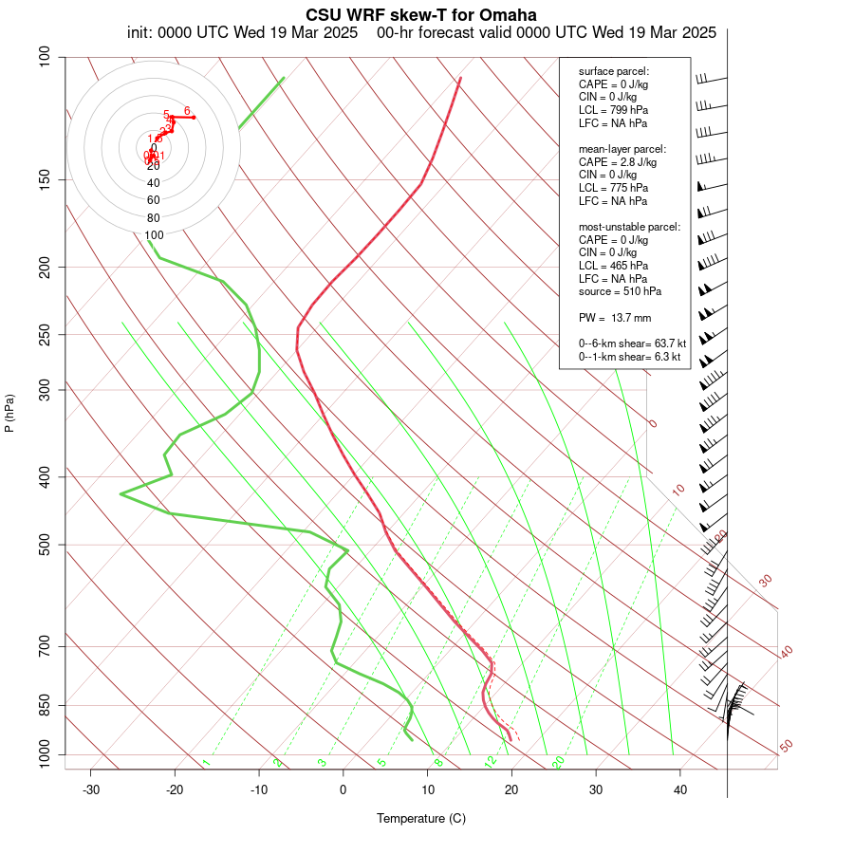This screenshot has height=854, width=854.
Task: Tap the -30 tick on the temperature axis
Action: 91,789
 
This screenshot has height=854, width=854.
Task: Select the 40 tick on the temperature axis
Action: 680,789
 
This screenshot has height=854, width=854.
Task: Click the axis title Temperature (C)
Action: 420,818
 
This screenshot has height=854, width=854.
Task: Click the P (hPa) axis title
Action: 9,413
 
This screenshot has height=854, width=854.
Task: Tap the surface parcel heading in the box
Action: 614,71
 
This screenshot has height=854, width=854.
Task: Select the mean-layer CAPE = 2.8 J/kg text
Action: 618,162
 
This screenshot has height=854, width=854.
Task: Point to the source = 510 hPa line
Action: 621,291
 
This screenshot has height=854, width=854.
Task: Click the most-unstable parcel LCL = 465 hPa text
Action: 613,266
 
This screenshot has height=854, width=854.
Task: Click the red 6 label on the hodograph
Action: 187,110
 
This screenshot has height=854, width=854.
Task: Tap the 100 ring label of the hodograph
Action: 154,234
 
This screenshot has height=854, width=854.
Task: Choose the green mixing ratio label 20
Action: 559,762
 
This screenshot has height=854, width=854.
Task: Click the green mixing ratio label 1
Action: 206,762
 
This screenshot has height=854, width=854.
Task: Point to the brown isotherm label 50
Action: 786,747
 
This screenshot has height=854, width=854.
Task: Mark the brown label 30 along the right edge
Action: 766,580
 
